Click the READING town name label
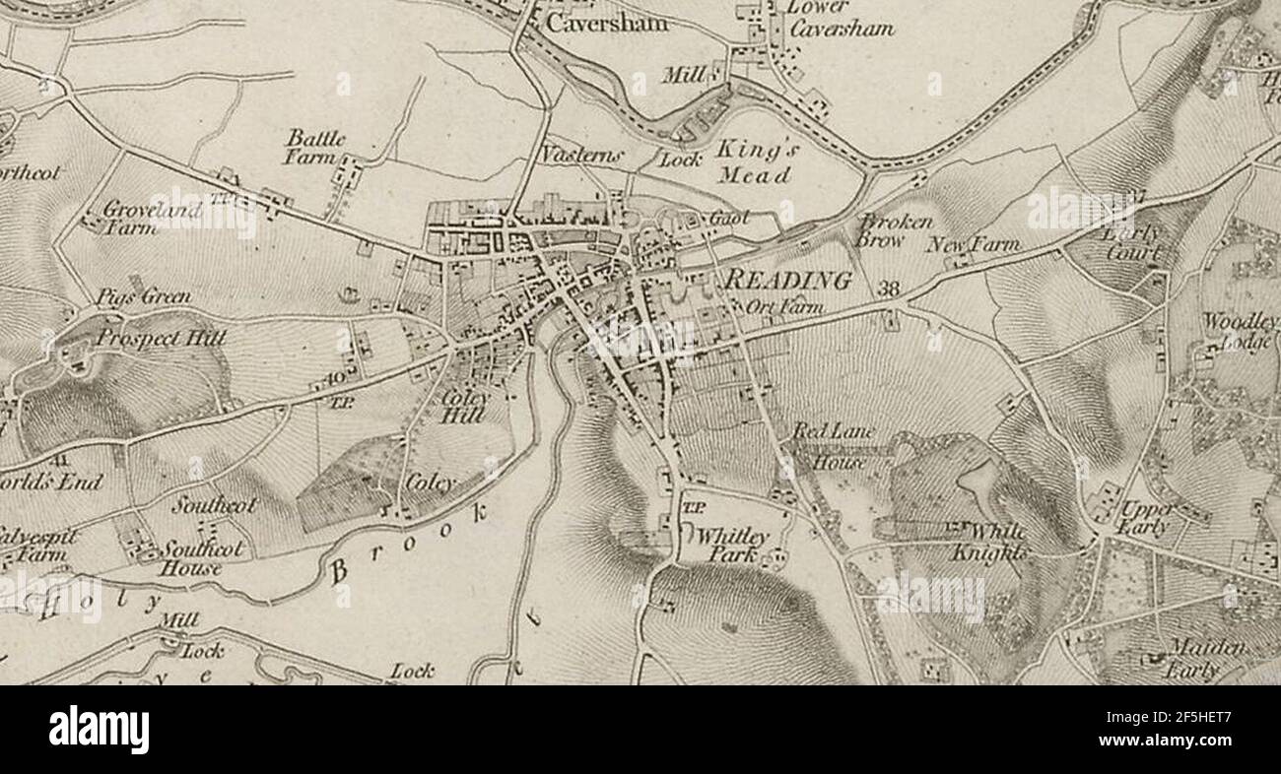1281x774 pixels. click(787, 280)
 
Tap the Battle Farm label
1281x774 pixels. click(315, 147)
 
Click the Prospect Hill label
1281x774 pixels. click(161, 339)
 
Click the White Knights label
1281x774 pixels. click(988, 542)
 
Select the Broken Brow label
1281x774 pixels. click(895, 230)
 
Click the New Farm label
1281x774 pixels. click(972, 244)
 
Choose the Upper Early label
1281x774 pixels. click(1145, 518)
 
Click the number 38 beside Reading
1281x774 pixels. click(888, 289)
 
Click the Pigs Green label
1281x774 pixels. click(144, 296)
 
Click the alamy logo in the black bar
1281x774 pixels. click(99, 730)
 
